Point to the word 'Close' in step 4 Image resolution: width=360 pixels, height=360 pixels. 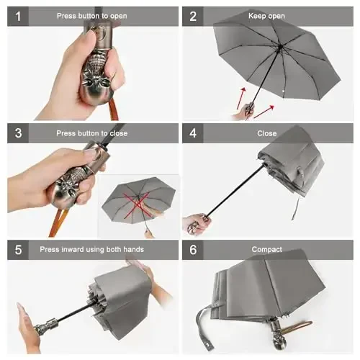pyautogui.click(x=266, y=133)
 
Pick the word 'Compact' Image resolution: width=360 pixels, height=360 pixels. pyautogui.click(x=266, y=249)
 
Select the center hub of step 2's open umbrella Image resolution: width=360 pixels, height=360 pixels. pyautogui.click(x=279, y=48)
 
